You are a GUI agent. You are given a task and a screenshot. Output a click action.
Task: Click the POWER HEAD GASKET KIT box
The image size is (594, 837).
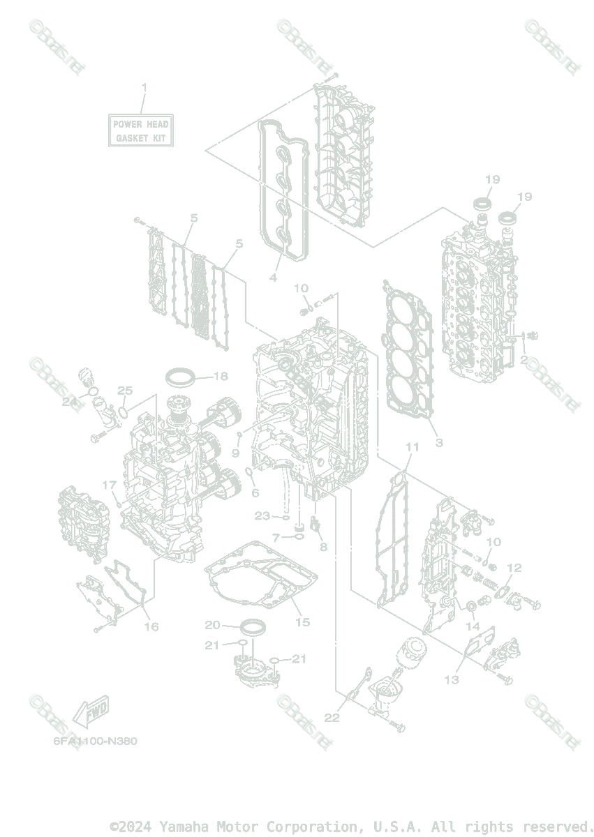point(142,131)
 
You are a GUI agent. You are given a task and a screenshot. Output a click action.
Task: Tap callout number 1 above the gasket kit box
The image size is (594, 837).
point(144,87)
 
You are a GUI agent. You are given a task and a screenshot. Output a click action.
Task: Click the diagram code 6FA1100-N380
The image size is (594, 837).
point(95,741)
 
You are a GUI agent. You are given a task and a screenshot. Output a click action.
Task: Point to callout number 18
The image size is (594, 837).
point(221,376)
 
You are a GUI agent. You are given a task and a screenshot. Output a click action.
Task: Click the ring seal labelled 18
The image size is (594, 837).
point(181,377)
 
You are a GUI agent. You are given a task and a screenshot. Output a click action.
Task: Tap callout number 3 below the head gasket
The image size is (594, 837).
point(438,442)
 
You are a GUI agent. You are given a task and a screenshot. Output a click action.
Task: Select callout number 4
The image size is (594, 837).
point(273,278)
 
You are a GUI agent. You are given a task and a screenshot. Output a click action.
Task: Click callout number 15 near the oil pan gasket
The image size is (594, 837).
point(302,621)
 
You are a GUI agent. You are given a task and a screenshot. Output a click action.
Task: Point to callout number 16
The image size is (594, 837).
point(151,626)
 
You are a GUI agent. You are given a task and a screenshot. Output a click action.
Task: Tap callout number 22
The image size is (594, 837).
point(332,717)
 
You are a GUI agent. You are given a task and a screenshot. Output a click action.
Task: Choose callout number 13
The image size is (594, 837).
point(452,679)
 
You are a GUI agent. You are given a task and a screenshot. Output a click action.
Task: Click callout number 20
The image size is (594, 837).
point(212,624)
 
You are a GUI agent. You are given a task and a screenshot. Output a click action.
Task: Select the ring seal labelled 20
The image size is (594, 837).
point(253,625)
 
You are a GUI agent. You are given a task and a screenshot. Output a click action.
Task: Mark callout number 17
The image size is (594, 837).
point(110,485)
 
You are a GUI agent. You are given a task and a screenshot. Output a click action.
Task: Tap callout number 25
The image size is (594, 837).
point(125,390)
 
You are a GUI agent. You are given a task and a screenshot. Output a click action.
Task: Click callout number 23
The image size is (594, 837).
point(262,516)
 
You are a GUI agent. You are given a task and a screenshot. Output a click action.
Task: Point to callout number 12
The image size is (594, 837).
point(514,568)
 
